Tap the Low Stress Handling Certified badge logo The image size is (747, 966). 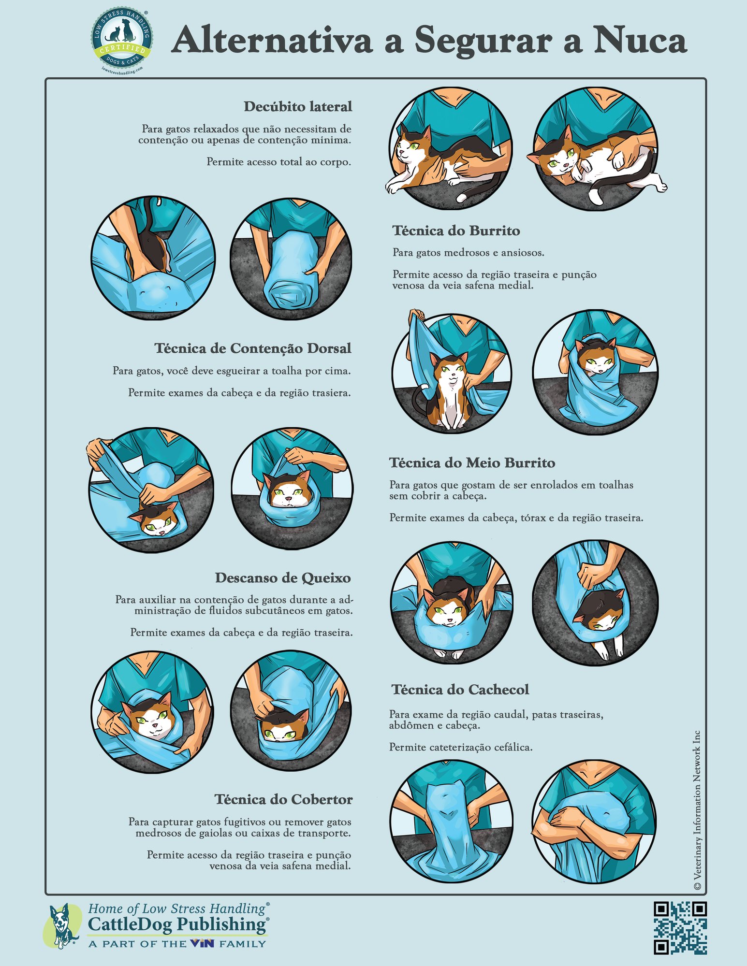121,41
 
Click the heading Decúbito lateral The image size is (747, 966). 297,106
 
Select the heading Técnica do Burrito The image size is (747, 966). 456,231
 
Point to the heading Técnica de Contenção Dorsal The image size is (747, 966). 252,348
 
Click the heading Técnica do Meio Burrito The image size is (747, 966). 472,462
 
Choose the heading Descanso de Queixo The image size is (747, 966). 282,577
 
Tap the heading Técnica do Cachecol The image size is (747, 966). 460,689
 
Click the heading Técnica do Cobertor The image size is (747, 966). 283,799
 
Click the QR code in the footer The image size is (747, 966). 680,927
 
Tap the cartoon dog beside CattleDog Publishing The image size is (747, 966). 62,924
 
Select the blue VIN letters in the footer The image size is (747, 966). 202,943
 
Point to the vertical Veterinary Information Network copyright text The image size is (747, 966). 697,810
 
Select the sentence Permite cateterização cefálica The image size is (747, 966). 460,747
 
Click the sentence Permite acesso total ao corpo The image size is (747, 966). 278,162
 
